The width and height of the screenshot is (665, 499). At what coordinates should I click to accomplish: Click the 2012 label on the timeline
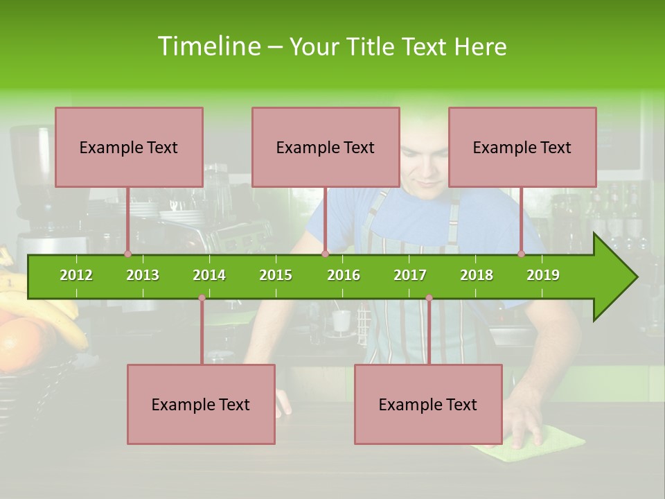76,275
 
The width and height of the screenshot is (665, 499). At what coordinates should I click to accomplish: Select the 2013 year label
143,275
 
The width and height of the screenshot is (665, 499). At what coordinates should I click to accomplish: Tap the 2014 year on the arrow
209,275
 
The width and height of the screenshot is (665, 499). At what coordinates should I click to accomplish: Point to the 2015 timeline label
276,275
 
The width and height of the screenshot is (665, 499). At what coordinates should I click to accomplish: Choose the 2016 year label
344,275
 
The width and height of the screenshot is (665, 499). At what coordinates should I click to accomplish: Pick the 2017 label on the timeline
410,275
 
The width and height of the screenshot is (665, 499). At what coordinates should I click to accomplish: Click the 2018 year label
477,275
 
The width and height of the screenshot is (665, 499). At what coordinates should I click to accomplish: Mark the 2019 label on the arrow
543,275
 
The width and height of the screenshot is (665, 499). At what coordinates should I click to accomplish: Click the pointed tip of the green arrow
635,277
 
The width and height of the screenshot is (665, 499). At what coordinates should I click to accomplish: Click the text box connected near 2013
129,147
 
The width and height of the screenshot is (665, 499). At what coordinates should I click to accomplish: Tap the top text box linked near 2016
326,147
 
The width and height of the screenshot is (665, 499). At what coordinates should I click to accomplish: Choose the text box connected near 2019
522,147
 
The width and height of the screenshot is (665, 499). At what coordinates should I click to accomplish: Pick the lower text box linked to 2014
201,404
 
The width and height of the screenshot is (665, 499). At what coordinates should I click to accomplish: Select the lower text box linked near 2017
428,404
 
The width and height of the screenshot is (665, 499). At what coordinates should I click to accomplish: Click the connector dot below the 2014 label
202,298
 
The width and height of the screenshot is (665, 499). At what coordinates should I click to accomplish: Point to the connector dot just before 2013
127,254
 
